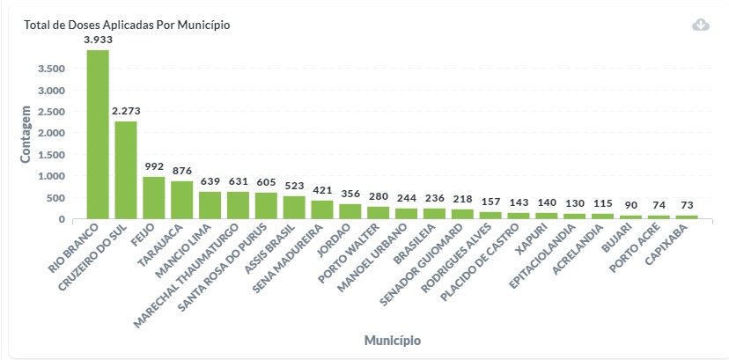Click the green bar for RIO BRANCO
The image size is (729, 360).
[x=98, y=134]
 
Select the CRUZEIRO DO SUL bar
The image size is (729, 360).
[x=126, y=169]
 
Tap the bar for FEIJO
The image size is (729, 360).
[x=154, y=197]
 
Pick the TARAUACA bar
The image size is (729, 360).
[x=182, y=200]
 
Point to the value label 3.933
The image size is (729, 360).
[x=98, y=40]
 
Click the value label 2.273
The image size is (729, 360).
[x=126, y=111]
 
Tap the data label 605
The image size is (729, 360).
[x=267, y=182]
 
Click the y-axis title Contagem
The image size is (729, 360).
[x=26, y=134]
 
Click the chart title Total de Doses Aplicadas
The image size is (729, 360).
[x=127, y=25]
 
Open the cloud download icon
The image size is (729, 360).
[x=701, y=25]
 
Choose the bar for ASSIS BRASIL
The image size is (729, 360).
[x=295, y=207]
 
